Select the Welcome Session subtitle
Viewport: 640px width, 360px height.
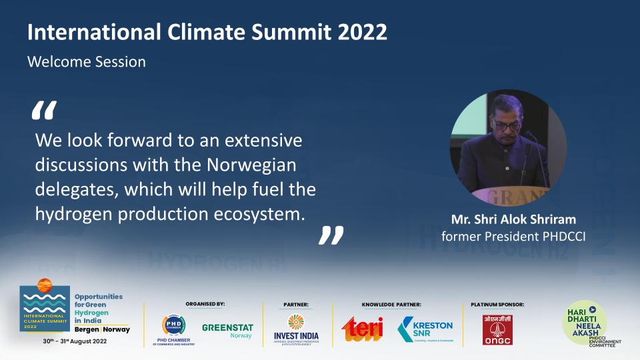(87, 62)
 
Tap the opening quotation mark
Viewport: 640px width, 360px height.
(45, 111)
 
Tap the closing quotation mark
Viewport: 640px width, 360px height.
(331, 235)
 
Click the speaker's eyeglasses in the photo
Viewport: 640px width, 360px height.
(505, 123)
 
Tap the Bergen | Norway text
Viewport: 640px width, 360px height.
(102, 329)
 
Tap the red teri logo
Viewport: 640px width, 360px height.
(363, 328)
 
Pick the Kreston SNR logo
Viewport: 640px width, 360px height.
(425, 328)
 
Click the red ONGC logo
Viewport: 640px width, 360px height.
(497, 329)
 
